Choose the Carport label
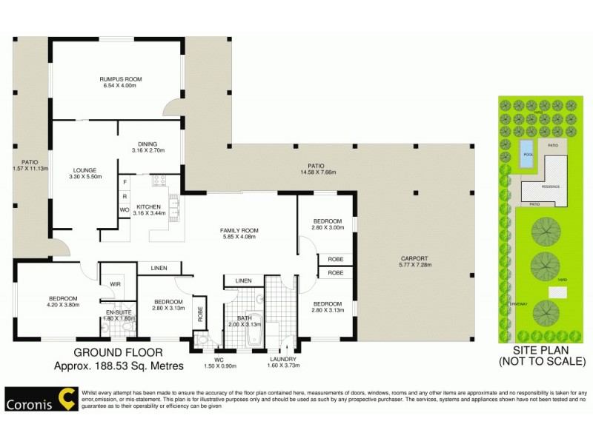(x=414, y=258)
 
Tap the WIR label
(x=116, y=283)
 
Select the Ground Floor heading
(x=119, y=352)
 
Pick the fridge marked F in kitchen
(x=125, y=181)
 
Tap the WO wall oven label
(x=125, y=210)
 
